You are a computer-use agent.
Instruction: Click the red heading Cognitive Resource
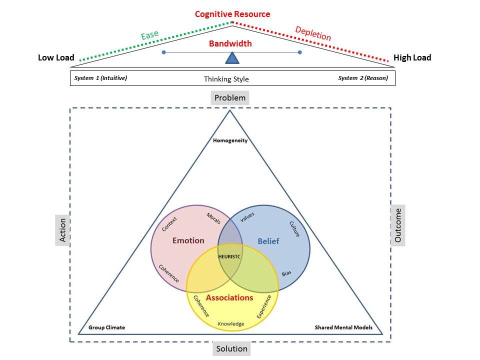(x=232, y=14)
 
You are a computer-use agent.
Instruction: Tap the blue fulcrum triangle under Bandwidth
(x=232, y=59)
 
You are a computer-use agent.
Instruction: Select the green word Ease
(x=149, y=35)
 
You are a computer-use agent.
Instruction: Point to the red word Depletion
(x=313, y=33)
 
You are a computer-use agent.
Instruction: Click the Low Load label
(x=56, y=57)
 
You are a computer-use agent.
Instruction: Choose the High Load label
(x=412, y=57)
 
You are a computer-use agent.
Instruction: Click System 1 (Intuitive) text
(x=100, y=78)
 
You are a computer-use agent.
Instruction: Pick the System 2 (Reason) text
(x=362, y=78)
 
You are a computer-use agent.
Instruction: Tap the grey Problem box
(x=230, y=97)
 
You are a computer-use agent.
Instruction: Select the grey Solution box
(x=231, y=348)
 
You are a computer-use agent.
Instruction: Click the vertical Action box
(x=62, y=230)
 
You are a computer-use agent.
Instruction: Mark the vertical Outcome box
(x=398, y=225)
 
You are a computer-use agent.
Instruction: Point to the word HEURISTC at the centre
(x=230, y=256)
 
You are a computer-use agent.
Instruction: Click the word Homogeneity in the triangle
(x=230, y=140)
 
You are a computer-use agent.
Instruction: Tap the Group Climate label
(x=106, y=327)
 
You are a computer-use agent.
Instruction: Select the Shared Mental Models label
(x=343, y=327)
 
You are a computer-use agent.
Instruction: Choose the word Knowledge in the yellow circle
(x=231, y=324)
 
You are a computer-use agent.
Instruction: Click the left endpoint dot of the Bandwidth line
(x=163, y=52)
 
